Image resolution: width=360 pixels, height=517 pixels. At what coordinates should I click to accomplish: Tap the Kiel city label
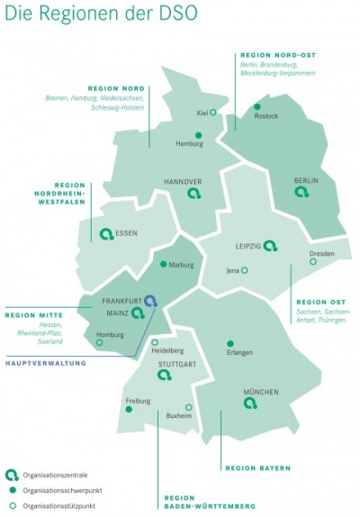coord(202,113)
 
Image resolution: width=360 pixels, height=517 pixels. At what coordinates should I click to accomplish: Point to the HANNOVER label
coord(183,181)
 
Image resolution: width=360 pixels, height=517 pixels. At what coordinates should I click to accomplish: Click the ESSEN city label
coord(127,233)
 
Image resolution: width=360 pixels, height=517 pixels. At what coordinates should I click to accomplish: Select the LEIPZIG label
coord(247,245)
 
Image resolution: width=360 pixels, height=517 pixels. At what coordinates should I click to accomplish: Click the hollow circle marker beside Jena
coord(244,270)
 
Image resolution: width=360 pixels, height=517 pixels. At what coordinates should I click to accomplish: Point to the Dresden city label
coord(322,253)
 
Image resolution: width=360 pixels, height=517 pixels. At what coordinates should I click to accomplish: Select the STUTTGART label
coord(175,365)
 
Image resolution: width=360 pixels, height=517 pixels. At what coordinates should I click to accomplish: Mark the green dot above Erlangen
coord(231,343)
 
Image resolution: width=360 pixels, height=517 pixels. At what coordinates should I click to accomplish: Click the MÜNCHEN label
coord(261,392)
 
